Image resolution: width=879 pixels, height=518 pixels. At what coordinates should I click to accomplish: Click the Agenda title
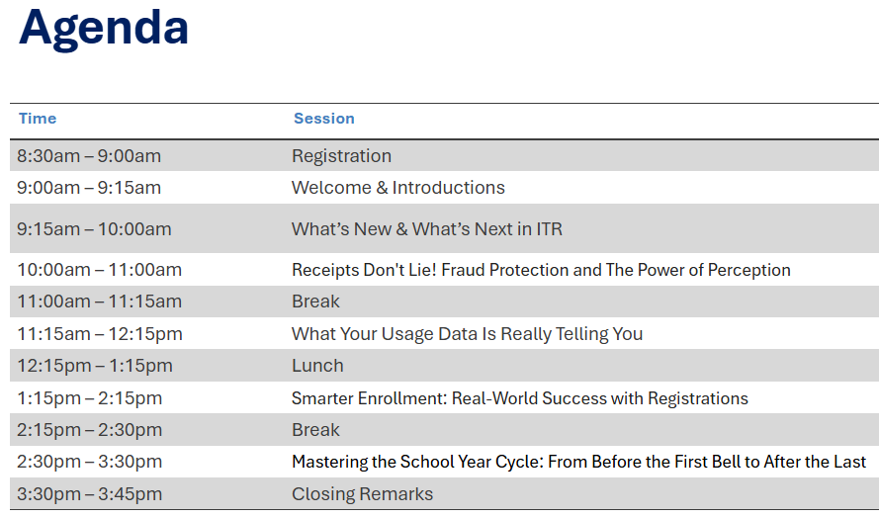point(104,28)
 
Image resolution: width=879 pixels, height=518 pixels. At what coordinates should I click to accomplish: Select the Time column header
point(38,119)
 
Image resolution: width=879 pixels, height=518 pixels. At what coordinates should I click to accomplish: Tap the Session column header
point(323,119)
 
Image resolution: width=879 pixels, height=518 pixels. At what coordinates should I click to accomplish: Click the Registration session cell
point(341,156)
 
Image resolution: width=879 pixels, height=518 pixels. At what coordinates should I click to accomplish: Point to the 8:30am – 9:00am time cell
point(89,156)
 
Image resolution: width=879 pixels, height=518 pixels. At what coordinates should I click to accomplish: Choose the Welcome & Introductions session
point(397,188)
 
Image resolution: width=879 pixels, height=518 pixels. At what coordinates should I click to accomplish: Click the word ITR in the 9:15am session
point(548,229)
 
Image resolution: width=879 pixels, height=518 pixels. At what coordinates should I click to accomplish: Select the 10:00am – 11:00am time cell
point(99,270)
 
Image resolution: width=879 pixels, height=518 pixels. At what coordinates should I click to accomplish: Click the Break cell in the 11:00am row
point(315,302)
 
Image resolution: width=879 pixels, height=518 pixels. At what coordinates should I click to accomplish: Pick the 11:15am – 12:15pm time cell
point(100,334)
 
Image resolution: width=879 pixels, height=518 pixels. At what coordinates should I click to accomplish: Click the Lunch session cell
point(317,366)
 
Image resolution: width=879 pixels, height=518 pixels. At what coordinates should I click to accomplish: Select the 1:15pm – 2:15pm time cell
point(89,398)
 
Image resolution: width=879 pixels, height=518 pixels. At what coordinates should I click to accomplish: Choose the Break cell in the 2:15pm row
point(315,430)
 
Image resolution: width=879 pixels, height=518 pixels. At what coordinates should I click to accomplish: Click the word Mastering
point(328,462)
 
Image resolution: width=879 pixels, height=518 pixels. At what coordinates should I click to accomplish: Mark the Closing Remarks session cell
point(362,494)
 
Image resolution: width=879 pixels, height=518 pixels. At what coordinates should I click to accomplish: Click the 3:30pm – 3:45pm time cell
point(89,494)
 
